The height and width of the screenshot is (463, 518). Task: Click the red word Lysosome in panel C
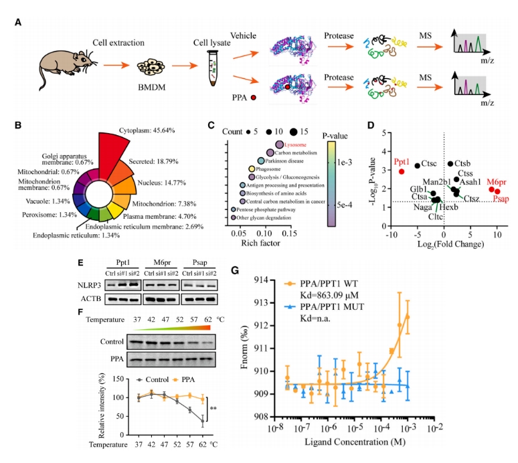click(295, 144)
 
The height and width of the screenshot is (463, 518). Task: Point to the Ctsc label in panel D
click(430, 165)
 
